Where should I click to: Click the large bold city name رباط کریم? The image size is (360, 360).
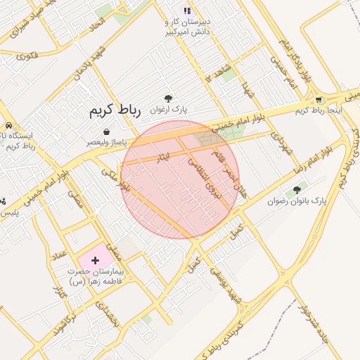(115, 110)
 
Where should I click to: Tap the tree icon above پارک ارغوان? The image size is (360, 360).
(167, 99)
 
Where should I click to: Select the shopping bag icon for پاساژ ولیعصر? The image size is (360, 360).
(106, 131)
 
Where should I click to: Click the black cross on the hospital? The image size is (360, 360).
(96, 261)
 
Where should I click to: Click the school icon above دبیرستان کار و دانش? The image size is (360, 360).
(187, 11)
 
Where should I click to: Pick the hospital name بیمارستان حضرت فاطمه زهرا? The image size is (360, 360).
(96, 276)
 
